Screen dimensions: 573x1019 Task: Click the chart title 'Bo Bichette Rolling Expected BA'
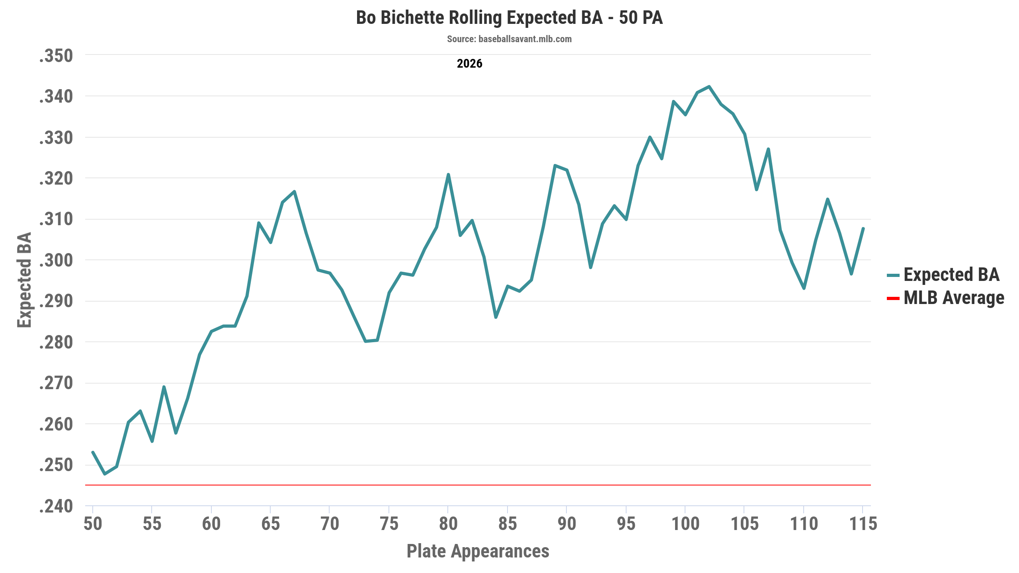tap(509, 18)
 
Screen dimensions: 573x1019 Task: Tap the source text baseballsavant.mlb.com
tap(509, 39)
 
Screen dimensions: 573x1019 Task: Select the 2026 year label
tap(469, 64)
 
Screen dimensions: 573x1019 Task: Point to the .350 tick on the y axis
tap(56, 56)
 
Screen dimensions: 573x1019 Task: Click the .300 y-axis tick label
tap(56, 260)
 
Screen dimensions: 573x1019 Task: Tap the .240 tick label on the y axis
tap(56, 506)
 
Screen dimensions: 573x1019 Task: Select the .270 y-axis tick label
tap(56, 383)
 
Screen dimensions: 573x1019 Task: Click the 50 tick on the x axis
tap(93, 524)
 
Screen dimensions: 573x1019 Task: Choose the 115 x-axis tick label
tap(863, 524)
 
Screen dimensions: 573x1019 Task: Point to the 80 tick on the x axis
tap(448, 524)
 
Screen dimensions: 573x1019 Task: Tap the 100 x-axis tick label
tap(685, 524)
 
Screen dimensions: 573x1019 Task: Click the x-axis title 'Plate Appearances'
tap(478, 551)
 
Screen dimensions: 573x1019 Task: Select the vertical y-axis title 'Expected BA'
tap(24, 280)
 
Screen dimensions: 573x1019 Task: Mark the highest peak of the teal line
tap(709, 86)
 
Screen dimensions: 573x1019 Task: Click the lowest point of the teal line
tap(105, 474)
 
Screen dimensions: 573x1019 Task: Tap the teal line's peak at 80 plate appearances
tap(448, 174)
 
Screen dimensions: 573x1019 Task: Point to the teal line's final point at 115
tap(863, 228)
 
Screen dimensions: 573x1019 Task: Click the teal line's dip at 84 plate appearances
tap(496, 317)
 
